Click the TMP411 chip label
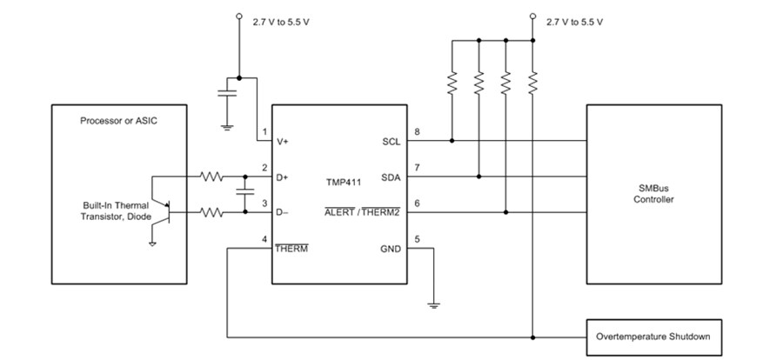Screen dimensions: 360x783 (344, 184)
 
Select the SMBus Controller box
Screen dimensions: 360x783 (654, 194)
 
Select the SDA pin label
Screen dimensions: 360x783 (390, 177)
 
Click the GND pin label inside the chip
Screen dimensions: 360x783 (389, 249)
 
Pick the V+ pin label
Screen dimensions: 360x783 (284, 141)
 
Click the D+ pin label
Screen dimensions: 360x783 (284, 177)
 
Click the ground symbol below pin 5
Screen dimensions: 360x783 (432, 303)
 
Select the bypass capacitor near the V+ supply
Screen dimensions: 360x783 (227, 97)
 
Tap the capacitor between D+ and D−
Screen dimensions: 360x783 (244, 193)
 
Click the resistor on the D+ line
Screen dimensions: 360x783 (212, 176)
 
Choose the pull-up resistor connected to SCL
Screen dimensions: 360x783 (452, 83)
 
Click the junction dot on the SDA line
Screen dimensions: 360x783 (478, 176)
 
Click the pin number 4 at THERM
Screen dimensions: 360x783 (264, 240)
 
